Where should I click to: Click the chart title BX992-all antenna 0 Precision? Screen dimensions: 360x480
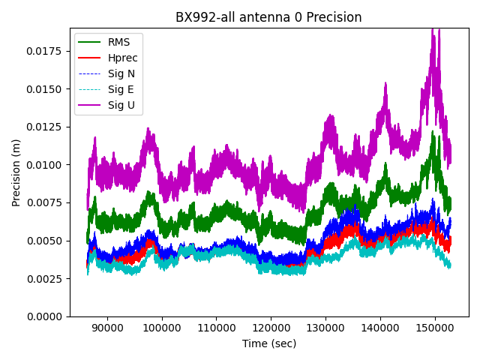coord(268,17)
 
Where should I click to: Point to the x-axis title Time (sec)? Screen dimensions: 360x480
coord(268,343)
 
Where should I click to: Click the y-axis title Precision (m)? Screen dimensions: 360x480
coord(16,172)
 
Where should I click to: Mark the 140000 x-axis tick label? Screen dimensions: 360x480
coord(380,327)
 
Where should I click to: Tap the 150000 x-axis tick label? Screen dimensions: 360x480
coord(435,327)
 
